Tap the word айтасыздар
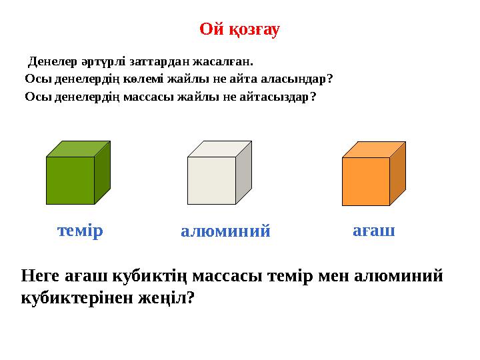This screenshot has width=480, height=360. coord(278,97)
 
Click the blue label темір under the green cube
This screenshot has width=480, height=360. coord(80,231)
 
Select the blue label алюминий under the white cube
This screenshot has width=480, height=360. coord(225,231)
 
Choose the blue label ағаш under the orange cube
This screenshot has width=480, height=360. coord(373,231)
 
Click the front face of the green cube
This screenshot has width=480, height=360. coord(70,180)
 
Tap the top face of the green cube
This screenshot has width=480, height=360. coord(78,149)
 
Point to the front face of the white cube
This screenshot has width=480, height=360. coord(211,180)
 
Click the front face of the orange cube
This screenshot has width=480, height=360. coord(365,181)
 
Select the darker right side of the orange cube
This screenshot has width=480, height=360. coord(397,173)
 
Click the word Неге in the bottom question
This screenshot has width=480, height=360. coord(41,275)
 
